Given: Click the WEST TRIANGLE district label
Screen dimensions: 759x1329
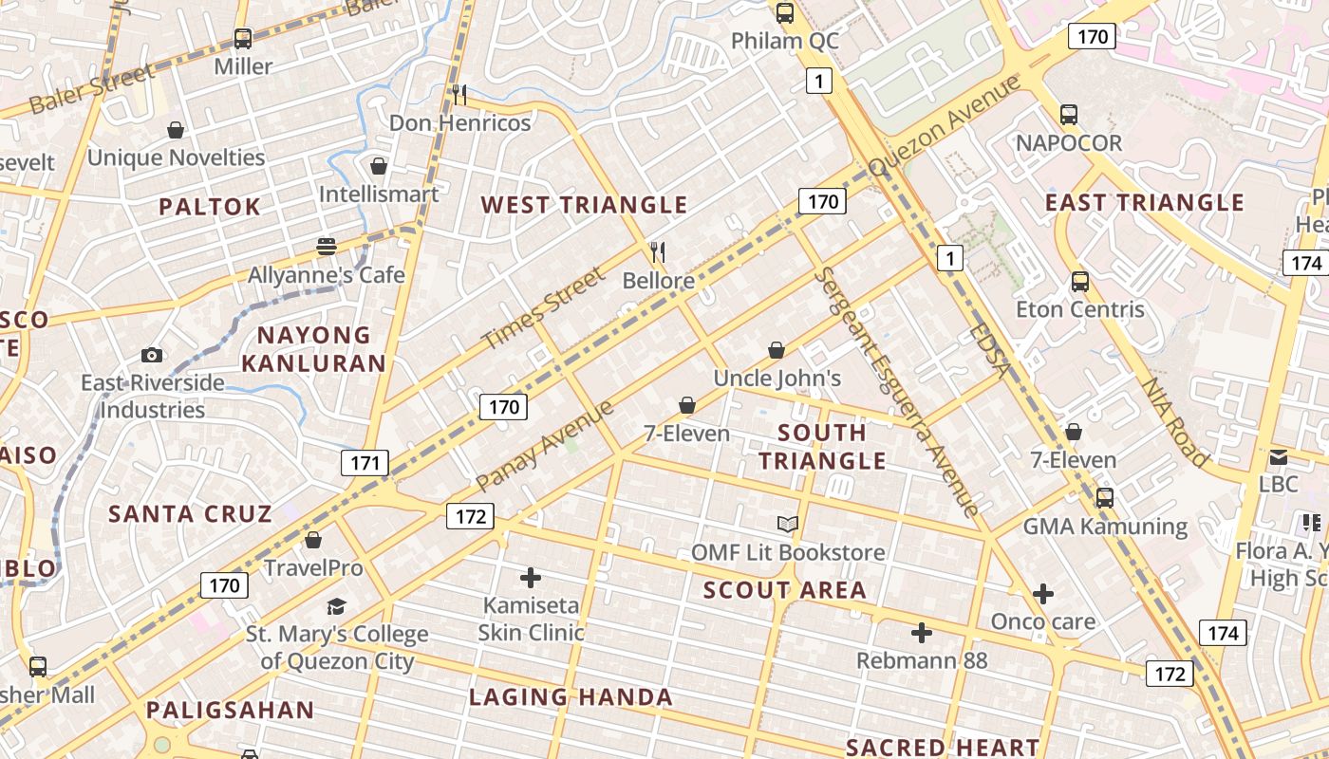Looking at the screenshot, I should [x=583, y=205].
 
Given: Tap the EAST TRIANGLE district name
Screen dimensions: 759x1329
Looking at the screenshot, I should [x=1144, y=203].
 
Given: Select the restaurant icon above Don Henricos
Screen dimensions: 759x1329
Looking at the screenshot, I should [x=459, y=94].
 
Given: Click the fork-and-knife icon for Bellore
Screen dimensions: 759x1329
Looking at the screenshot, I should [x=658, y=252].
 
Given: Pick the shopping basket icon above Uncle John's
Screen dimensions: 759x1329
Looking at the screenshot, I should [x=777, y=350].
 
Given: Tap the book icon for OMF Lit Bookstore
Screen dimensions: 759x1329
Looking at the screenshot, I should [x=787, y=524].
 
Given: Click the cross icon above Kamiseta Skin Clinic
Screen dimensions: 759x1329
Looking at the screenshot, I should [x=531, y=577].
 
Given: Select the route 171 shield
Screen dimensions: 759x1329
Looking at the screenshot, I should [x=365, y=463].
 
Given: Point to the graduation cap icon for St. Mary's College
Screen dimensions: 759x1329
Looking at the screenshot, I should [x=336, y=606].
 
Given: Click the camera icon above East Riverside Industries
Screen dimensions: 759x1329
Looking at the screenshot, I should [x=152, y=356].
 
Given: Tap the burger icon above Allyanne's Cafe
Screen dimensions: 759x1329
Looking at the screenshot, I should [x=327, y=247].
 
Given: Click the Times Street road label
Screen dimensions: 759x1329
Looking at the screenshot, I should [x=542, y=308].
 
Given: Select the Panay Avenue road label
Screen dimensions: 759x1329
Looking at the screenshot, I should [x=545, y=445].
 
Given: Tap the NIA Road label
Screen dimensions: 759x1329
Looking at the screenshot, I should [x=1174, y=423].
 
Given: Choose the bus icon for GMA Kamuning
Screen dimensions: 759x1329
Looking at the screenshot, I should [x=1104, y=498].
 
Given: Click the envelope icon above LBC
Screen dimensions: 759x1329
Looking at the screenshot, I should [x=1278, y=456].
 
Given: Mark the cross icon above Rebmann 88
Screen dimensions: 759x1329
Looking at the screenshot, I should [x=921, y=633].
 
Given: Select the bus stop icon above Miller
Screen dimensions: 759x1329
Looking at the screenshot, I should [x=243, y=39].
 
